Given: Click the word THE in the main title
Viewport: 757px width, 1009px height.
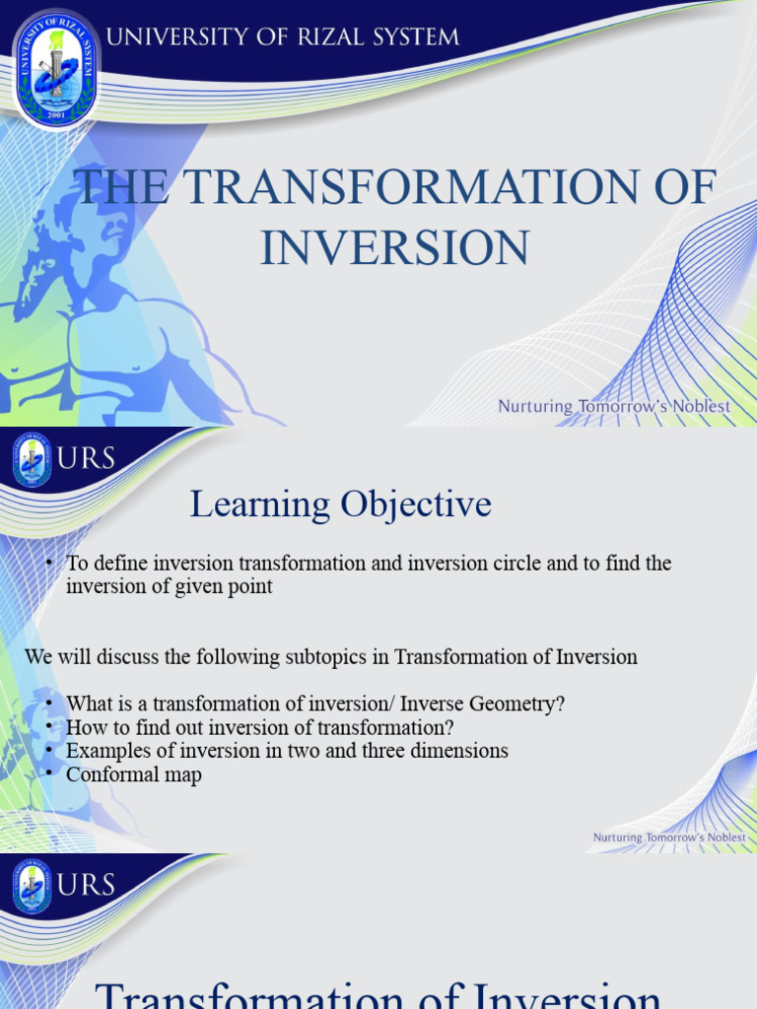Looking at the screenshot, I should (118, 188).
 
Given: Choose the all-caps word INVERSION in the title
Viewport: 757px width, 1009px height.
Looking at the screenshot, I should (394, 247).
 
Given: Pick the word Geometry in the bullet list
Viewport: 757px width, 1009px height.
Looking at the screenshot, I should (522, 705).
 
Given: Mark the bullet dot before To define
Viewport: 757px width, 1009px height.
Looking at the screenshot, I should (50, 564).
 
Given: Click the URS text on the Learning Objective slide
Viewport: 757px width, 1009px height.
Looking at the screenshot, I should (87, 459).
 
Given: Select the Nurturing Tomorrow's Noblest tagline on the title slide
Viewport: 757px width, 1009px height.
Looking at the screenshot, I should (614, 406).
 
